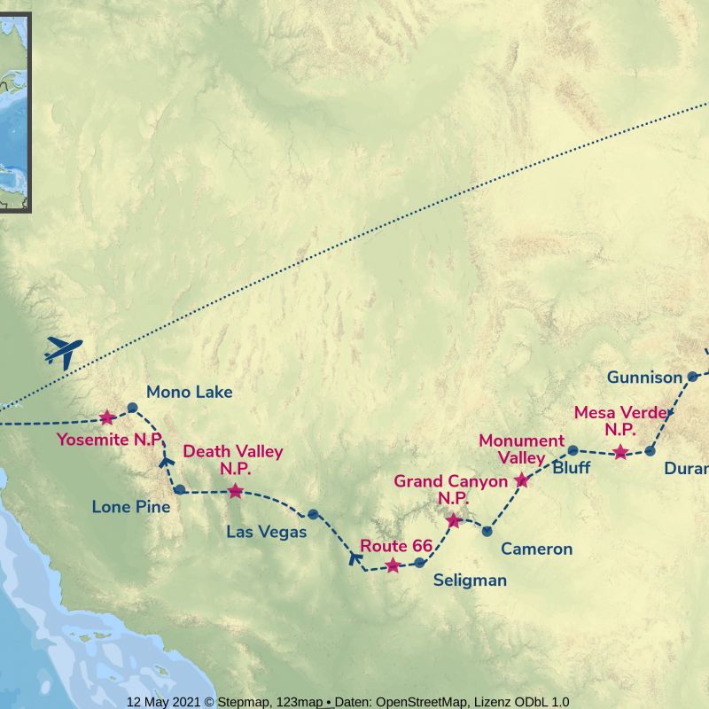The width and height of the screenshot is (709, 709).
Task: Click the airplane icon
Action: point(63,352)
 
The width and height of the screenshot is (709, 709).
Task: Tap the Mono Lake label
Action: point(189,391)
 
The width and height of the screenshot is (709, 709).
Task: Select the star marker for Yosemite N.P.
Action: point(107,417)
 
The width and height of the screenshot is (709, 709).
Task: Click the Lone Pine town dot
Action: point(180,489)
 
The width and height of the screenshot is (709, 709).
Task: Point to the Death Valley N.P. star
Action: point(235,491)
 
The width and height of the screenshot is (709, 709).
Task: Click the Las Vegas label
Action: point(266,532)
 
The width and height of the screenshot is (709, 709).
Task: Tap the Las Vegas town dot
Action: point(313,514)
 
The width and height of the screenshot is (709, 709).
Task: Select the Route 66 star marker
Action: point(393,565)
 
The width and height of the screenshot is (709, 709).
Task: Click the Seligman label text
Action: point(470,580)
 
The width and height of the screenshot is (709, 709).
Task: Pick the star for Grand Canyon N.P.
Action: point(454,521)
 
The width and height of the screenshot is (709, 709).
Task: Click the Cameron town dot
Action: point(487,531)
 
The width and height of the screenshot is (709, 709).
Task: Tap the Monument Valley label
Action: point(521,449)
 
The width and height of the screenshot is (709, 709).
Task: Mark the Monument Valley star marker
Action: point(522,480)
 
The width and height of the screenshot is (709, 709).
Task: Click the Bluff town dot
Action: point(573,450)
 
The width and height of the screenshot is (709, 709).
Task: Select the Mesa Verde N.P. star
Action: point(620,453)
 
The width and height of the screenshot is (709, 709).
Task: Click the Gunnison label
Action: point(644,378)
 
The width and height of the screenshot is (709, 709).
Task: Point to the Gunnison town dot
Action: point(693,377)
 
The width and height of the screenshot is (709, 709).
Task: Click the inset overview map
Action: point(15,113)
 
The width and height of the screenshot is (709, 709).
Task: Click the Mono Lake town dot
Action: point(132,408)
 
